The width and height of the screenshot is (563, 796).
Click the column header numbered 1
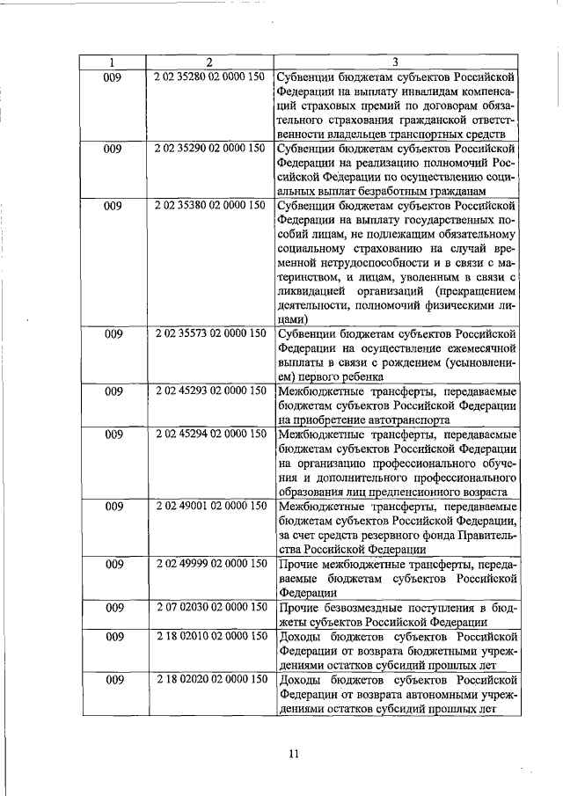click(112, 62)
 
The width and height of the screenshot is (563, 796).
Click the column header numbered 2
click(209, 62)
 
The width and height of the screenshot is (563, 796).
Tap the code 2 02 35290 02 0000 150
click(209, 148)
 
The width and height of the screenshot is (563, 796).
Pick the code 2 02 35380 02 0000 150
click(209, 205)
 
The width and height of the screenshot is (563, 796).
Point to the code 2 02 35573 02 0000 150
click(209, 334)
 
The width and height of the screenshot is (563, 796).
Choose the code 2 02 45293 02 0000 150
click(209, 391)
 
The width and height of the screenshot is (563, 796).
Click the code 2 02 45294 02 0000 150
click(209, 434)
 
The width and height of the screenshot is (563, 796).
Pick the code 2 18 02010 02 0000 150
click(209, 636)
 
